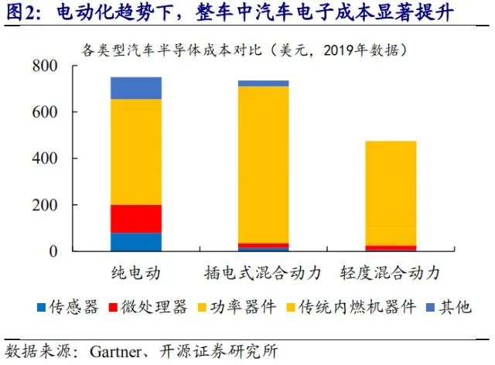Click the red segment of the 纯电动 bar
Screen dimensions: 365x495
coord(136,218)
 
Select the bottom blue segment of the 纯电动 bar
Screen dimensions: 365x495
coord(136,241)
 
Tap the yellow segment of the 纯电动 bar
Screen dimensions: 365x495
coord(136,152)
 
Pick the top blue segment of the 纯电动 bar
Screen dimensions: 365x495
coord(136,88)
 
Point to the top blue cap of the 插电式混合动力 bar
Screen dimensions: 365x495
coord(263,83)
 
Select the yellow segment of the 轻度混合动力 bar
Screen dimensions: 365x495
coord(390,193)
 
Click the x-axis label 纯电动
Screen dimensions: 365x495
coord(137,273)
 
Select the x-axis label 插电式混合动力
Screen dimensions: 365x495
coord(263,273)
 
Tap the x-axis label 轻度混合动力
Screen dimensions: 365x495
coord(390,273)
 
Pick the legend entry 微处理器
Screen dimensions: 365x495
coord(159,307)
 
